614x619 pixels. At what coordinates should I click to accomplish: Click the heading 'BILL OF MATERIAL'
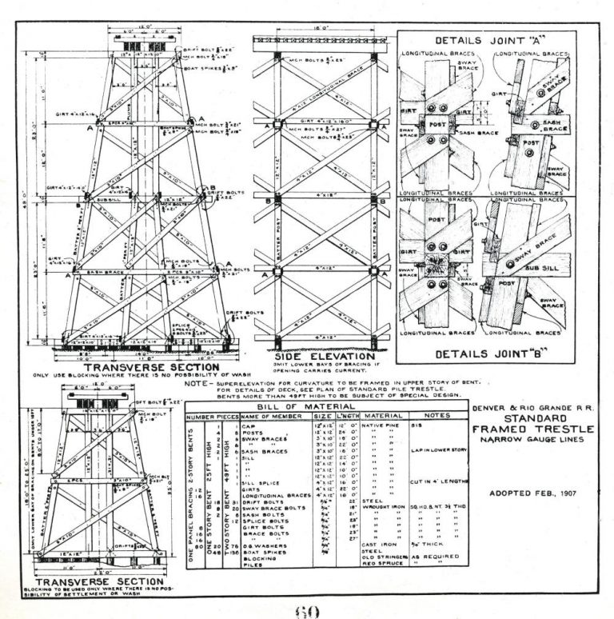click(326, 407)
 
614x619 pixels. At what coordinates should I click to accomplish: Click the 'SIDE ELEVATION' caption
click(325, 356)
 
